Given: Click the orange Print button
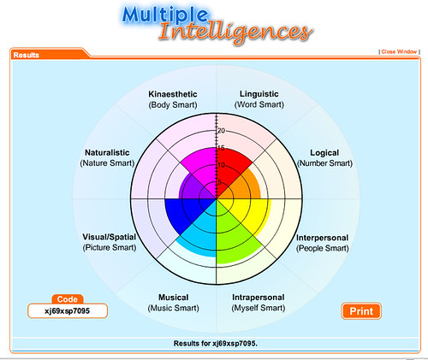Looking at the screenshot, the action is (361, 311).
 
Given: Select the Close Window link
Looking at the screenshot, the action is (399, 51).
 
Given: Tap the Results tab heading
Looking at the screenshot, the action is (27, 55).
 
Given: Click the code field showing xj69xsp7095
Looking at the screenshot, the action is (68, 310).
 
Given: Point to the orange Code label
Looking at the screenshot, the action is (68, 299).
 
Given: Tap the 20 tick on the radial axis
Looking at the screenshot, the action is (221, 131).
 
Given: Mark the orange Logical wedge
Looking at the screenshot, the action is (246, 186).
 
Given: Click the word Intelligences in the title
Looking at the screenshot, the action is (235, 32).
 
